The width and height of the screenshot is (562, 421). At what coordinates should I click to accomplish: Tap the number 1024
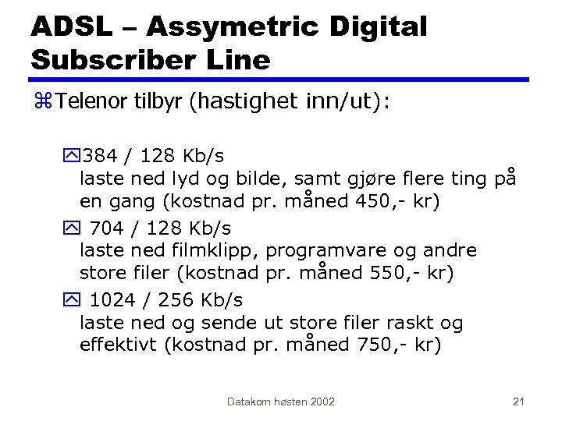[114, 300]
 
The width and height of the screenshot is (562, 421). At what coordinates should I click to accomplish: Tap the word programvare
[330, 251]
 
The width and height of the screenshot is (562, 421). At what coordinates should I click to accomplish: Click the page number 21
[518, 402]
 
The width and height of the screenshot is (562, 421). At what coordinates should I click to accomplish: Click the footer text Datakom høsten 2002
[281, 402]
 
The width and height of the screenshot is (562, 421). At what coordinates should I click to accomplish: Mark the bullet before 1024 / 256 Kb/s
[73, 300]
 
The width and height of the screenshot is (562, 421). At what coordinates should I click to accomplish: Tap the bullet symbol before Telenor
[44, 101]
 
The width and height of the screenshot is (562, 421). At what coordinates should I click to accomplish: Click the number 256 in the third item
[179, 300]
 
